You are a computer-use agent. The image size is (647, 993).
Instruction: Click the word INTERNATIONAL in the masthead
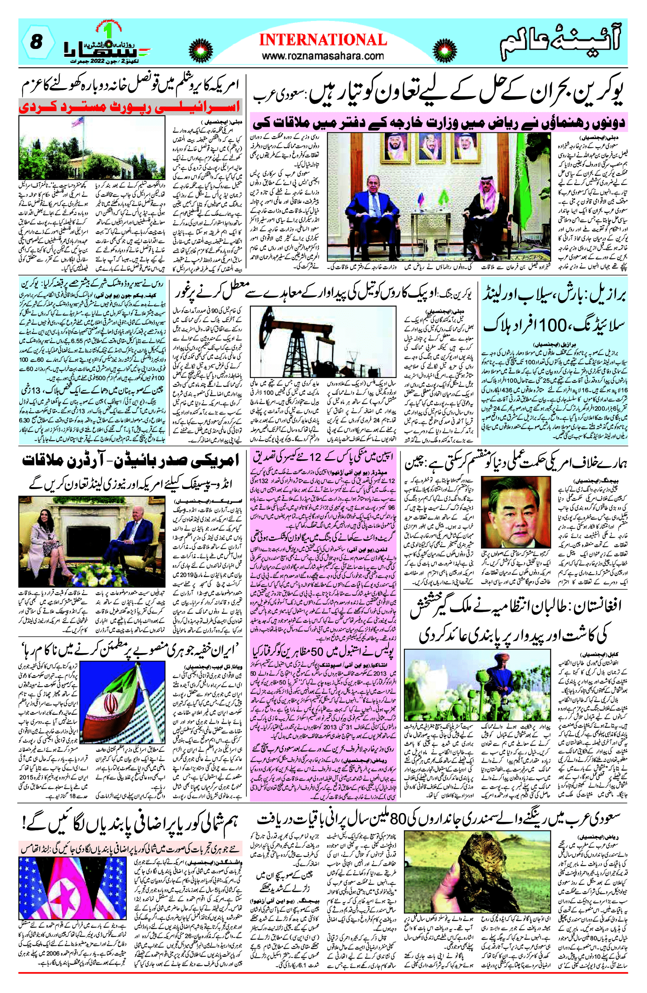(x=323, y=40)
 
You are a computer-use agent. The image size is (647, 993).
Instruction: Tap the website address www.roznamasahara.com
(x=323, y=56)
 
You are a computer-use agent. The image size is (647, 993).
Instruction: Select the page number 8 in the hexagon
(x=37, y=42)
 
